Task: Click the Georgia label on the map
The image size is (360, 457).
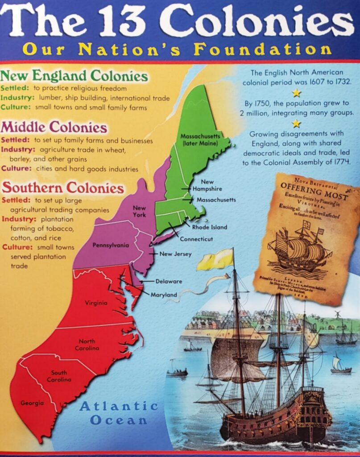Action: (x=32, y=403)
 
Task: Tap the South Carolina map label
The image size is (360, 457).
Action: (x=59, y=376)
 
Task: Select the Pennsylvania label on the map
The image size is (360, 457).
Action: (x=111, y=245)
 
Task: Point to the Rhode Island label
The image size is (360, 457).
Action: (x=210, y=227)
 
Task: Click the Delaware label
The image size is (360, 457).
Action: (x=169, y=281)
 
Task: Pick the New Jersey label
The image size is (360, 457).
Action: (x=175, y=254)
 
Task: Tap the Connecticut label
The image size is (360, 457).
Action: (x=196, y=239)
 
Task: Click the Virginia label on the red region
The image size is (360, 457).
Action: (x=96, y=303)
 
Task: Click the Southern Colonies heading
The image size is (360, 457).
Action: (x=63, y=187)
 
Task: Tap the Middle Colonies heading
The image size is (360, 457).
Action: (x=54, y=128)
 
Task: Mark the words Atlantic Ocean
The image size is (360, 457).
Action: (x=119, y=413)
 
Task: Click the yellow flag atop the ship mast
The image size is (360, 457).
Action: (x=215, y=260)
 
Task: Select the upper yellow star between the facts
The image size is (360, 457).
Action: (x=297, y=93)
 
